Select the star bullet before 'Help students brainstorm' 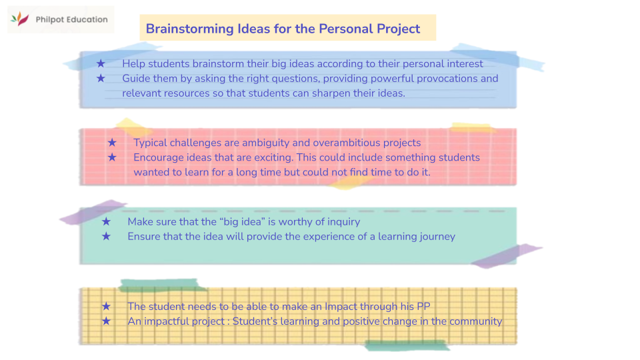point(101,63)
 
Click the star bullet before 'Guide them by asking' point(101,78)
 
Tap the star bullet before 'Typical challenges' point(112,143)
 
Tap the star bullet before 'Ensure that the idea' point(106,236)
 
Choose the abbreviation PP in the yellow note point(423,307)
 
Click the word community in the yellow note point(475,321)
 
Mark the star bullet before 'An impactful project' point(106,321)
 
